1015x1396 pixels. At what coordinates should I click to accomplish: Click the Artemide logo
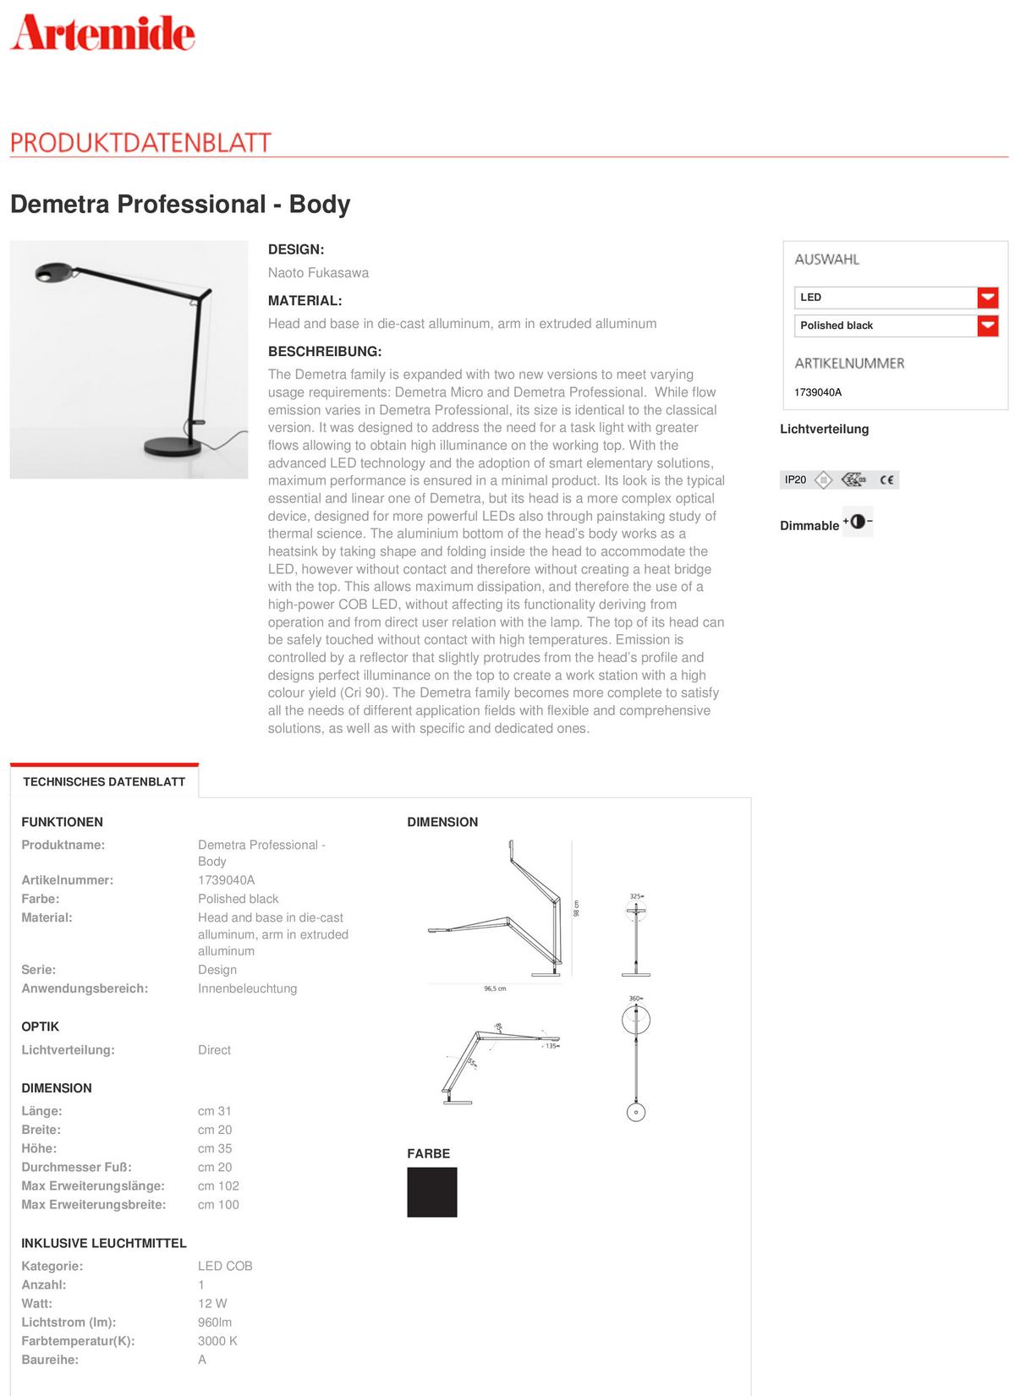(102, 34)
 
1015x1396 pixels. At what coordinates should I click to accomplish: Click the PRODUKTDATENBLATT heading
(140, 142)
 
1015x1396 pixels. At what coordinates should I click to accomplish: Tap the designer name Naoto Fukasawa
(318, 272)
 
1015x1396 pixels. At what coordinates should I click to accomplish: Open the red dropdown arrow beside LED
(987, 298)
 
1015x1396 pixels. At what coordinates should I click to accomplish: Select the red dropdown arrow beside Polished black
(987, 326)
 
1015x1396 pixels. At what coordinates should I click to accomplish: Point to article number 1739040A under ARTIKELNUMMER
(818, 392)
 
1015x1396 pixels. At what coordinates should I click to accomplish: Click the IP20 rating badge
(795, 479)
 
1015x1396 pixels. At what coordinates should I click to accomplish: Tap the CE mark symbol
(886, 480)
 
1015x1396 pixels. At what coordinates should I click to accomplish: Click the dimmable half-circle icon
(858, 522)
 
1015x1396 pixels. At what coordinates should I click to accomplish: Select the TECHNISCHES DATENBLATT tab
(104, 781)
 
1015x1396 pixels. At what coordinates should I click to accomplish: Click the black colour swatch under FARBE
(431, 1192)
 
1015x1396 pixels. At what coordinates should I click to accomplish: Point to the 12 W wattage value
(212, 1303)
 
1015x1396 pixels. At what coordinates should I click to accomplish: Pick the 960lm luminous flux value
(215, 1322)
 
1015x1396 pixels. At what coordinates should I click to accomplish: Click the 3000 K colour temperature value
(217, 1340)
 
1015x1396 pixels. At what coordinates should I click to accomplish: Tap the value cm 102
(218, 1185)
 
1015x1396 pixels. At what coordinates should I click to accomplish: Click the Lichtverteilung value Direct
(214, 1049)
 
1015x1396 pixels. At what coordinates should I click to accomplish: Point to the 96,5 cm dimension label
(495, 988)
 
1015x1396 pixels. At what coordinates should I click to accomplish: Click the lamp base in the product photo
(169, 445)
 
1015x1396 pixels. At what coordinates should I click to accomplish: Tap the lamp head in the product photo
(56, 272)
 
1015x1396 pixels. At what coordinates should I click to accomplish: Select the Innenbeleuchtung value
(247, 988)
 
